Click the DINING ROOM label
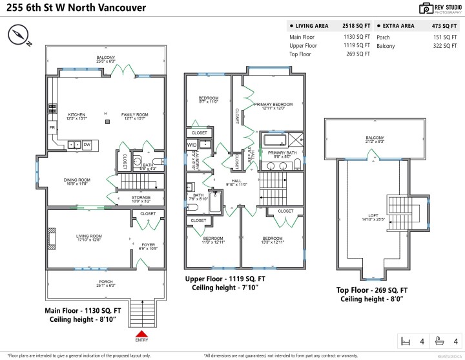click(x=77, y=182)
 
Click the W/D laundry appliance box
click(x=192, y=145)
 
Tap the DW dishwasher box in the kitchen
click(x=87, y=145)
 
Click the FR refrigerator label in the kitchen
click(x=52, y=128)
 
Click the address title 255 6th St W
click(x=76, y=8)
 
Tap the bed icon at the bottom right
click(x=406, y=341)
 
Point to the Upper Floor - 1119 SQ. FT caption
click(x=225, y=279)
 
